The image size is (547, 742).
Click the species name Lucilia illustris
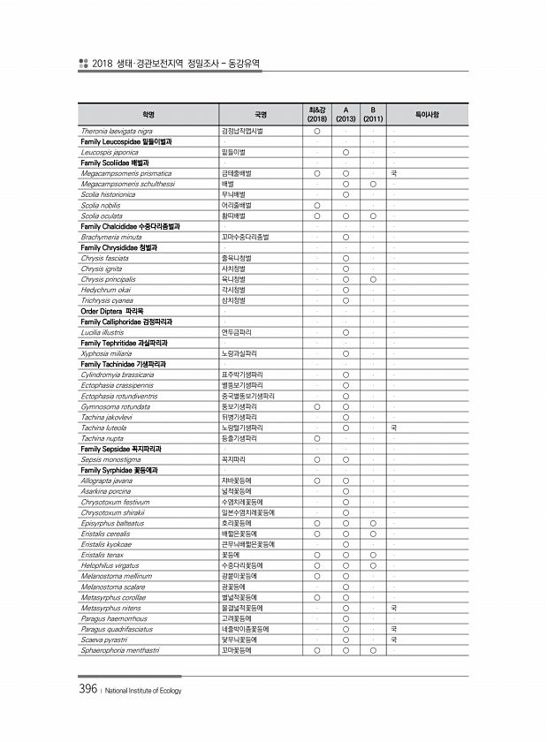(100, 332)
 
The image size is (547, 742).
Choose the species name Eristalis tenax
(100, 555)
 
